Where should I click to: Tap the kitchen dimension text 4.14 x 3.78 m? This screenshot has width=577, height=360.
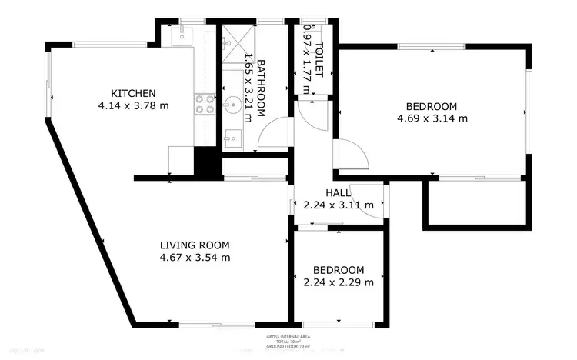(133, 105)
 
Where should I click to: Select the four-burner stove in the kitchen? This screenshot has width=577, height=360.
(204, 104)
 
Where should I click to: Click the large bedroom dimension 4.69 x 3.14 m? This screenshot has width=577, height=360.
(432, 118)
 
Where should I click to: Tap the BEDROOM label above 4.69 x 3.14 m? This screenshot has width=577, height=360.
(432, 105)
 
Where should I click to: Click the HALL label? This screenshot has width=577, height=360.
(338, 192)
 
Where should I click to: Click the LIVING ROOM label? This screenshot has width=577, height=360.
(195, 245)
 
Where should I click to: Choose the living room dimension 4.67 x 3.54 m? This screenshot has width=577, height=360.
(195, 258)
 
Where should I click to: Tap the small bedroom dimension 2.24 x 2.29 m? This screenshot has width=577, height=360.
(339, 282)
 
